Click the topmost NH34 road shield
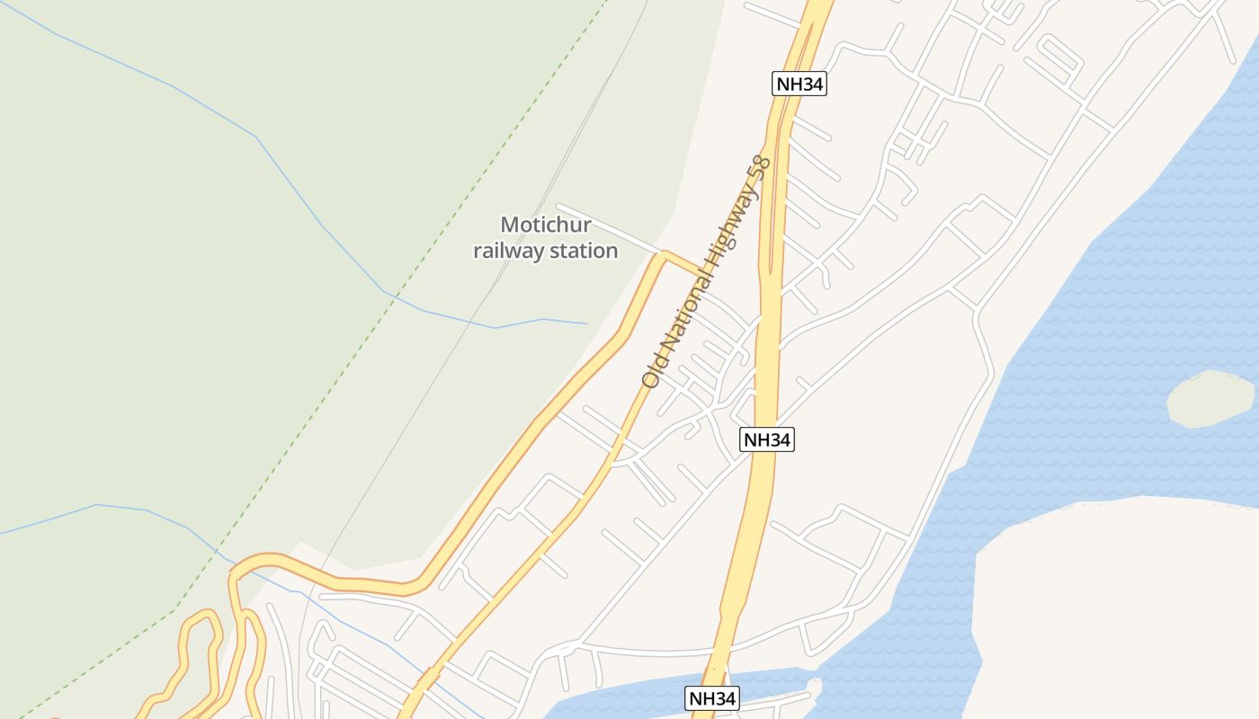pos(799,84)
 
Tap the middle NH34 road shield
pos(767,439)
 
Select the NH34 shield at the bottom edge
pos(712,698)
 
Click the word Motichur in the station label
pos(545,225)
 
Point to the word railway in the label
pos(508,251)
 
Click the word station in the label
pos(584,251)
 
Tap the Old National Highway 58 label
pos(706,271)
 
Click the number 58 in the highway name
pos(761,169)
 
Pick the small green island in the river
pos(1210,397)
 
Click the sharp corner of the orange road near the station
pos(664,255)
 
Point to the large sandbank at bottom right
pos(1124,611)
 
